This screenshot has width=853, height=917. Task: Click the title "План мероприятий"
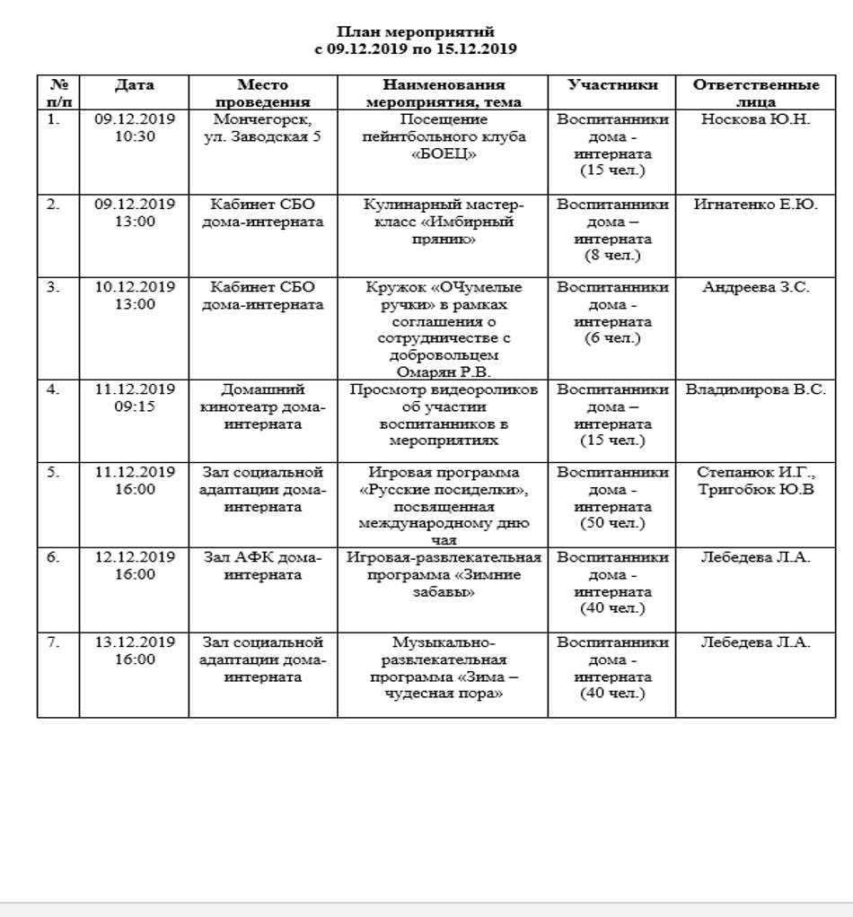[416, 33]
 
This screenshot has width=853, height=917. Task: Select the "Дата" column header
[134, 85]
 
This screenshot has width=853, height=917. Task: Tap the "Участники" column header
[612, 85]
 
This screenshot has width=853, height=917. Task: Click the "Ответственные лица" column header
[756, 93]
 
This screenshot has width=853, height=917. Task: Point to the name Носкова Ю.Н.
[756, 119]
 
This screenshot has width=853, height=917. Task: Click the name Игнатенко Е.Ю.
[756, 205]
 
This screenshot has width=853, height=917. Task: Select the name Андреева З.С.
[756, 288]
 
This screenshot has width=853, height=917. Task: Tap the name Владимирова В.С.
[756, 390]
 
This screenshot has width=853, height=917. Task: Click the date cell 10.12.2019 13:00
[135, 296]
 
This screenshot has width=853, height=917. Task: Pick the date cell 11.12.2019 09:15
[135, 398]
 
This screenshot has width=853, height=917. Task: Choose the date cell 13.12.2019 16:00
[135, 651]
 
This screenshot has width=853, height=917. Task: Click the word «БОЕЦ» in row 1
[443, 153]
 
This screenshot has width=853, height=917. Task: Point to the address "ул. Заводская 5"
[262, 136]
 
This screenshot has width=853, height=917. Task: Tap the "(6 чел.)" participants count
[612, 338]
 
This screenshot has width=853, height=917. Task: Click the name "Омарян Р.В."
[443, 371]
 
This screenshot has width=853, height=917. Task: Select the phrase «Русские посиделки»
[443, 490]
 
